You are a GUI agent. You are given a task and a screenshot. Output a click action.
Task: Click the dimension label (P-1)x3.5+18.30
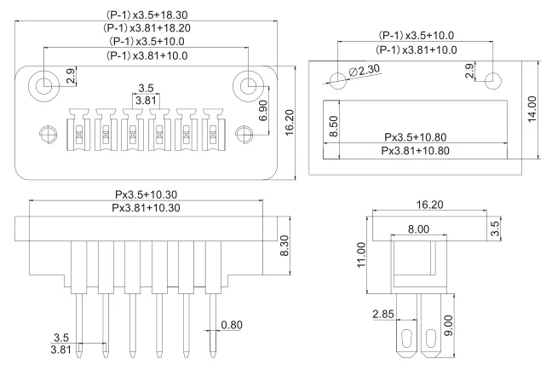coord(147,15)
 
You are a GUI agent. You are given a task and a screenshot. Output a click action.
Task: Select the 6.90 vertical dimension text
coord(263,111)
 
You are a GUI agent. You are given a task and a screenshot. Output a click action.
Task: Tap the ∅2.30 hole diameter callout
coord(365,71)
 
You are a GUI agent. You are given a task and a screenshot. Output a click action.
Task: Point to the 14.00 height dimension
coord(532,109)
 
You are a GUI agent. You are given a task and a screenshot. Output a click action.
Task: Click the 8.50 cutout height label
coord(333,126)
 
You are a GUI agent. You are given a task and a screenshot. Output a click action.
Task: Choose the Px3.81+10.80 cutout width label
coord(415,151)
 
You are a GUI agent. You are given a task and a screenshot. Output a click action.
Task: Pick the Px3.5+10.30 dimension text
coord(146,194)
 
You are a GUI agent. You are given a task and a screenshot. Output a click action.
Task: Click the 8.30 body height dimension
coord(284,246)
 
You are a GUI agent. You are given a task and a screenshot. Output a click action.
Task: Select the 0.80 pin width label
coord(232,325)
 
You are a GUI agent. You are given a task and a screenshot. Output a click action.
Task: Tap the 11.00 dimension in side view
coord(361,255)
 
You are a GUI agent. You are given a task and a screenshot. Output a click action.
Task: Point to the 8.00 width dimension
coord(418,229)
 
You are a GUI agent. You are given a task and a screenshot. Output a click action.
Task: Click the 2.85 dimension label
coord(383,314)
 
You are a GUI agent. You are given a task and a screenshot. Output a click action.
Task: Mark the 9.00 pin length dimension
coord(449,326)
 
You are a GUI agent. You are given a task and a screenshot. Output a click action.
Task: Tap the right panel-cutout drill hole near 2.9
coord(492,81)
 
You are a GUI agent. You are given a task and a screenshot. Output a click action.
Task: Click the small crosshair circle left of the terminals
coord(48,134)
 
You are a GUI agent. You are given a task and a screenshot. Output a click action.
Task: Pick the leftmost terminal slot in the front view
coord(79,130)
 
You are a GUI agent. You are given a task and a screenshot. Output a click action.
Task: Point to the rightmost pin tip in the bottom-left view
coord(213,355)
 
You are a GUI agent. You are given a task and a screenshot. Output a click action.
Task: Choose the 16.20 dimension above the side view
coord(429,205)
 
